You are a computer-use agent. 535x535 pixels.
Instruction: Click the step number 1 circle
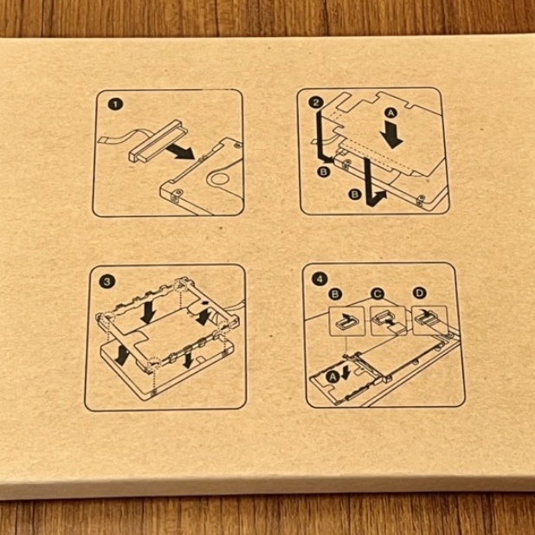[x=115, y=104]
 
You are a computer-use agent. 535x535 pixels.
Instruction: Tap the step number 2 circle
[x=316, y=102]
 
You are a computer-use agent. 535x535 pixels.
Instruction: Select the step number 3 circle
[x=107, y=282]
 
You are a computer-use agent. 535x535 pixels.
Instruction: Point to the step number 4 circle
[x=319, y=279]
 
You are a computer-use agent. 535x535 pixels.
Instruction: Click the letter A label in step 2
[x=391, y=113]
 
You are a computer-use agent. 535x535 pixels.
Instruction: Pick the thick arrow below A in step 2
[x=392, y=136]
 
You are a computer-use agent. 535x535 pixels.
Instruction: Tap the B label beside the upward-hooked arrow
[x=355, y=194]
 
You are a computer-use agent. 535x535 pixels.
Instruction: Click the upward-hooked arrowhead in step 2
[x=381, y=197]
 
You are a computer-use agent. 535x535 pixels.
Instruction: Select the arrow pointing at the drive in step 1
[x=180, y=151]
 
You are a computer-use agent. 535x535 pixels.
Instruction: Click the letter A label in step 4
[x=332, y=377]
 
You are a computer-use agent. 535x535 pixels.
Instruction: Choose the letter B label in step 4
[x=335, y=293]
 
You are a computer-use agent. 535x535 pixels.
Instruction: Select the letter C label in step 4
[x=377, y=293]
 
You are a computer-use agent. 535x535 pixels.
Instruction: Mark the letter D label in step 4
[x=419, y=293]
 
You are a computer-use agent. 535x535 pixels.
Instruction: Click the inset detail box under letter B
[x=346, y=320]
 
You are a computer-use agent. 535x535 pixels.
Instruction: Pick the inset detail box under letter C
[x=389, y=320]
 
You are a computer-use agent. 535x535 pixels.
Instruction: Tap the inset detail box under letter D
[x=430, y=320]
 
